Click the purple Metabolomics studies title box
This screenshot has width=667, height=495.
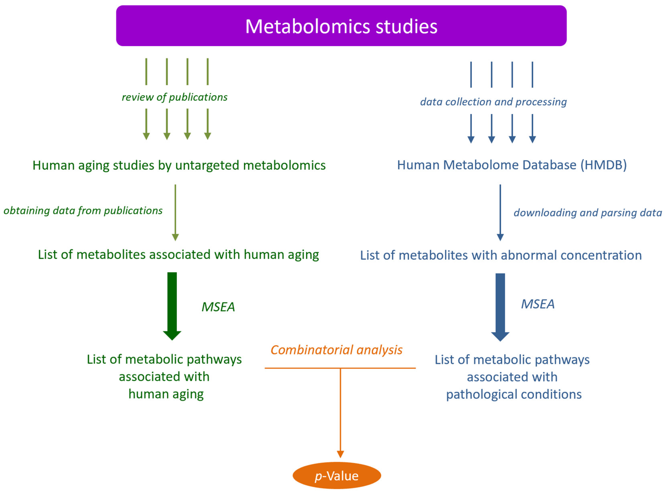(x=341, y=26)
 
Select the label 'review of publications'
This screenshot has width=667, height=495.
(x=175, y=97)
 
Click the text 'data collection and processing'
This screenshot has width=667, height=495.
(x=493, y=102)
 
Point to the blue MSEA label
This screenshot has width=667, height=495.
(x=538, y=304)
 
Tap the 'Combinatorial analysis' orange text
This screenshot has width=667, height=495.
(x=336, y=350)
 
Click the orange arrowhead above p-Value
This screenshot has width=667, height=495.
(x=340, y=454)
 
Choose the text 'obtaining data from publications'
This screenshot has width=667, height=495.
(x=83, y=211)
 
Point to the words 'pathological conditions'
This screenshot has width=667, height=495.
(x=514, y=394)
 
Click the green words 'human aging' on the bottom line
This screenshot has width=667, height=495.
(x=166, y=394)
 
